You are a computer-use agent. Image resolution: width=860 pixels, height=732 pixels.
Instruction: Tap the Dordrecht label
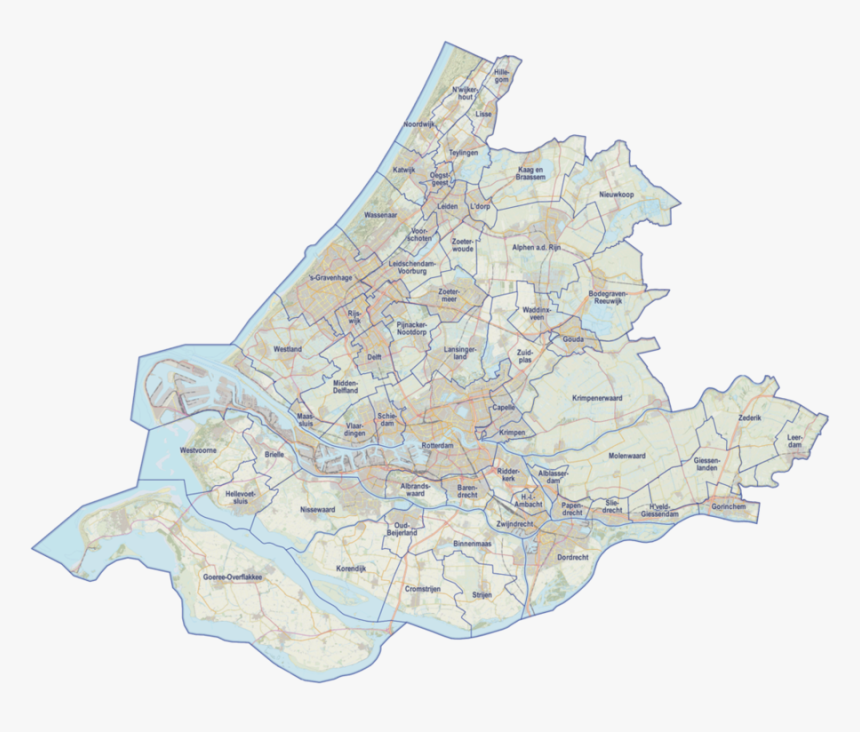pyautogui.click(x=573, y=556)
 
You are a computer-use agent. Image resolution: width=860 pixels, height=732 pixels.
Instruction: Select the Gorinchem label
pyautogui.click(x=728, y=507)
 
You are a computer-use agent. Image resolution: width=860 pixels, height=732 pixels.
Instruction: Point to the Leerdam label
pyautogui.click(x=796, y=442)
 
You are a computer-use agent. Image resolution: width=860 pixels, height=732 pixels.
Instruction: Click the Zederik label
pyautogui.click(x=750, y=416)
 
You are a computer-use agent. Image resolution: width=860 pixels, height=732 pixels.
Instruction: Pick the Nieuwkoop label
pyautogui.click(x=617, y=194)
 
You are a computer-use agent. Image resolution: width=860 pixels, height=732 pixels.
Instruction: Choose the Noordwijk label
pyautogui.click(x=419, y=123)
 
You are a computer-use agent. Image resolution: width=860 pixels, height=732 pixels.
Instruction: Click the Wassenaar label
pyautogui.click(x=381, y=214)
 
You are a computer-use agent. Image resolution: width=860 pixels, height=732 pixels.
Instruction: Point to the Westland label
pyautogui.click(x=287, y=349)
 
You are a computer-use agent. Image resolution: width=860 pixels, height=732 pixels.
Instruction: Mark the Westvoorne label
pyautogui.click(x=198, y=451)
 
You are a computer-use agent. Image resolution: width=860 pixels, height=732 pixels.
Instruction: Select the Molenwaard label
pyautogui.click(x=628, y=456)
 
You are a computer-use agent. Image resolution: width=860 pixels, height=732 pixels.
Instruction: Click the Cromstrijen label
pyautogui.click(x=423, y=589)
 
